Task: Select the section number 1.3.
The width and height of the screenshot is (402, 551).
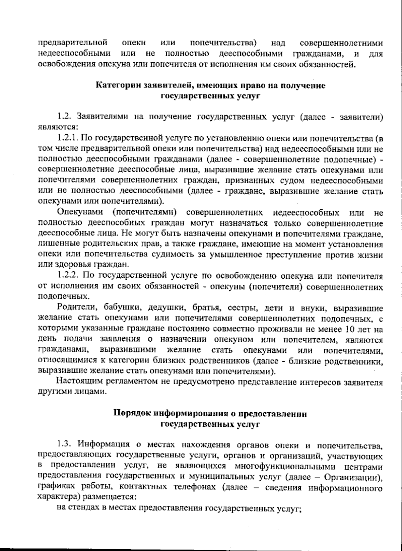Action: pyautogui.click(x=64, y=445)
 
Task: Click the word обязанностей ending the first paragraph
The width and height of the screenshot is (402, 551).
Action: pyautogui.click(x=330, y=64)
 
